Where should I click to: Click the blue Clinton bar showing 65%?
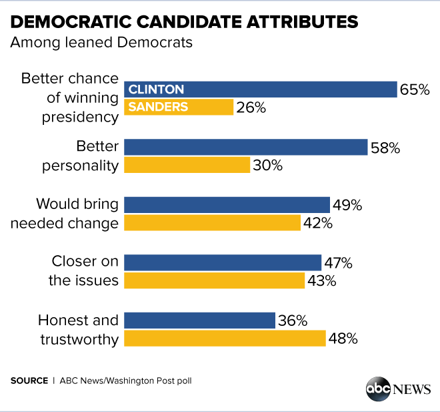pyautogui.click(x=261, y=89)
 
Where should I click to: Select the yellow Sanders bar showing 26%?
pyautogui.click(x=179, y=107)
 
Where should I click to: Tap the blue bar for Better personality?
pyautogui.click(x=246, y=147)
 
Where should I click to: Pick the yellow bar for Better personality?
pyautogui.click(x=187, y=165)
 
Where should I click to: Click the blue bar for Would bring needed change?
pyautogui.click(x=227, y=205)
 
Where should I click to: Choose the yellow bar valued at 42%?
pyautogui.click(x=213, y=222)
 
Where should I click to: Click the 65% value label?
pyautogui.click(x=414, y=89)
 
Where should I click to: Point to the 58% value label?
pyautogui.click(x=385, y=148)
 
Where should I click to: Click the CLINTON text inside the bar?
pyautogui.click(x=156, y=89)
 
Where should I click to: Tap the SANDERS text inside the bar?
pyautogui.click(x=158, y=107)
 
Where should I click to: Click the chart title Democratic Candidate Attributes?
pyautogui.click(x=184, y=21)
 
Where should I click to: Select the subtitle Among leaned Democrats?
pyautogui.click(x=101, y=44)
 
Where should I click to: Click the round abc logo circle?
pyautogui.click(x=377, y=389)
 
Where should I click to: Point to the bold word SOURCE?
pyautogui.click(x=29, y=381)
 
